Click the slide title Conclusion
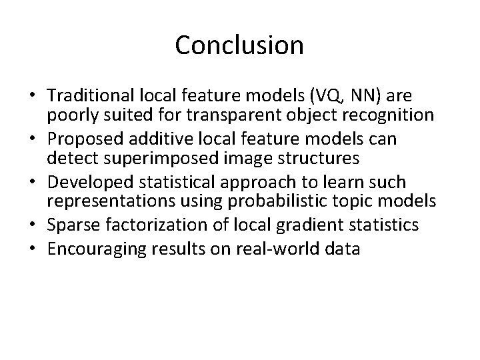(239, 45)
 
